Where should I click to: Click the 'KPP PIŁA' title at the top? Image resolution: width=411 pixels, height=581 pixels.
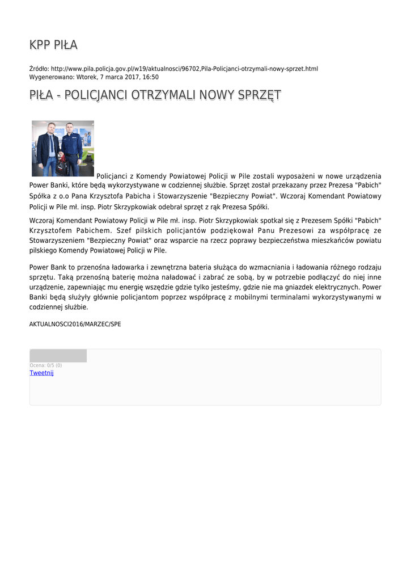(x=53, y=45)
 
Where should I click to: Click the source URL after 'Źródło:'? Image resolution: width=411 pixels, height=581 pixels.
(x=184, y=69)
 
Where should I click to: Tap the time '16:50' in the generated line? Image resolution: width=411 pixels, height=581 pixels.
(x=150, y=77)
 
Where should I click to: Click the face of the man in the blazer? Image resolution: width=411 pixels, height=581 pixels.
(x=51, y=128)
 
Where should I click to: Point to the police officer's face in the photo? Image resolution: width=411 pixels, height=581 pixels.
(x=70, y=128)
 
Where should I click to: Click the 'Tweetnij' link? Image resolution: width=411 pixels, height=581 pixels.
(x=41, y=373)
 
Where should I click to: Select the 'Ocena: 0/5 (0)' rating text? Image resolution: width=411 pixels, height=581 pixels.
(x=45, y=365)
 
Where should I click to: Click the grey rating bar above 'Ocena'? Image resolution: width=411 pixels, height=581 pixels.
(x=58, y=356)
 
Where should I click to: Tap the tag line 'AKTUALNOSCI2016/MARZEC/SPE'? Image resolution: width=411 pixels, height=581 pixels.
(x=75, y=325)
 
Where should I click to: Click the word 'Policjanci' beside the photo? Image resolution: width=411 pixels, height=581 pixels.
(x=113, y=176)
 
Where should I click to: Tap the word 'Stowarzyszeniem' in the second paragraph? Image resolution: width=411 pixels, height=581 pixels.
(x=56, y=240)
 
